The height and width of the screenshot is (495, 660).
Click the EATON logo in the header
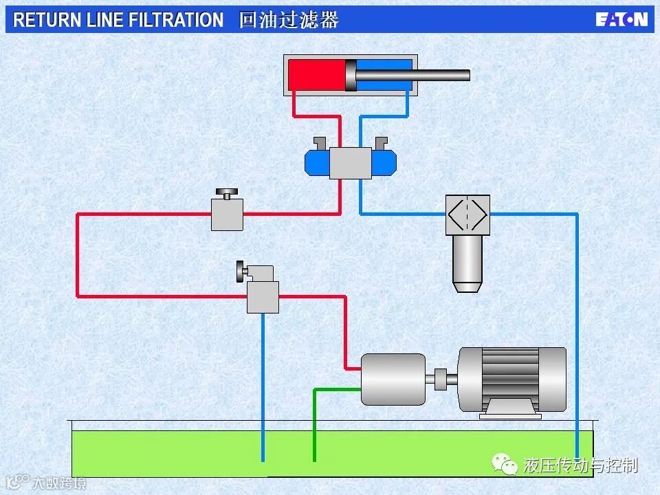click(621, 19)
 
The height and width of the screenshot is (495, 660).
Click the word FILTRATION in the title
click(180, 20)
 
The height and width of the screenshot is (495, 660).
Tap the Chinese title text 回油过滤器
click(289, 20)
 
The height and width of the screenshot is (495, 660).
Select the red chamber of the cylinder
click(316, 75)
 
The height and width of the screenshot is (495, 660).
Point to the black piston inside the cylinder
click(351, 75)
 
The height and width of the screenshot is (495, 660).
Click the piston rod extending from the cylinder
click(440, 75)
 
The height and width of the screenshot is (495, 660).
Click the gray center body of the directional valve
click(350, 163)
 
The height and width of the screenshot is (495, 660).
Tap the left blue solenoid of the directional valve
click(317, 162)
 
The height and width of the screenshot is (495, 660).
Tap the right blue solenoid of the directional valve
click(384, 162)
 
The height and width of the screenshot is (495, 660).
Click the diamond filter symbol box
click(467, 214)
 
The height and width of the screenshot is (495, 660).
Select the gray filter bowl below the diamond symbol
click(467, 261)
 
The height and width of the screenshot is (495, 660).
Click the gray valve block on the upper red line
click(227, 214)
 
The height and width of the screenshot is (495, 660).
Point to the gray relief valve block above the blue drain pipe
click(263, 297)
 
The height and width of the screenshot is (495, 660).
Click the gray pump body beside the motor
click(393, 379)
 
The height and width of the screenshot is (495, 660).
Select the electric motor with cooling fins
click(512, 378)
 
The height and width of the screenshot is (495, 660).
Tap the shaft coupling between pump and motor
click(441, 377)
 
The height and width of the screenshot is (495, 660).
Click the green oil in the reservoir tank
click(172, 450)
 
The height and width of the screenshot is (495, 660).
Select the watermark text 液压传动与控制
click(580, 466)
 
